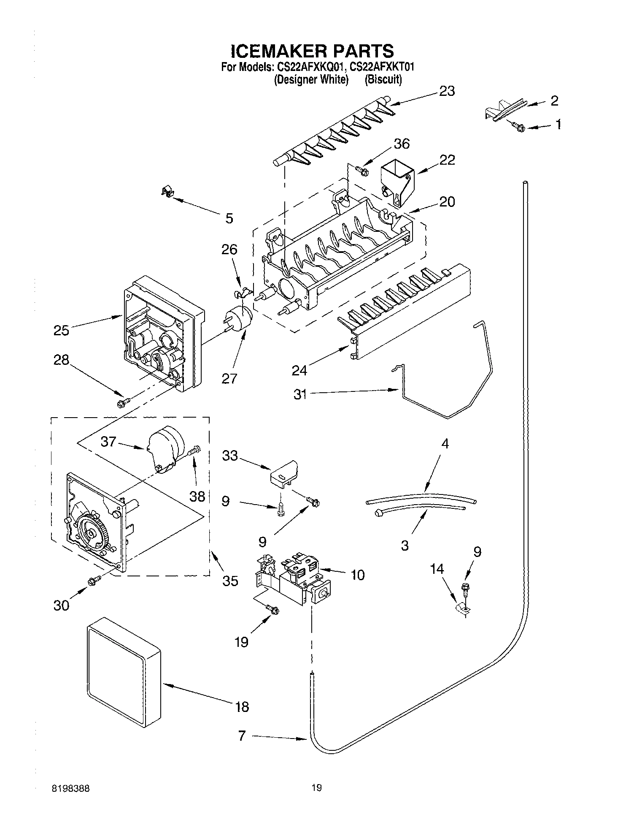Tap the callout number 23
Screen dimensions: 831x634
click(x=447, y=91)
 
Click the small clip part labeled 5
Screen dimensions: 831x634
click(x=167, y=192)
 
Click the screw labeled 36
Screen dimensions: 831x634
click(x=362, y=171)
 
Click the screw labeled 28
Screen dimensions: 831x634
click(x=123, y=402)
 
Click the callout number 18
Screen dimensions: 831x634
click(x=242, y=706)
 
